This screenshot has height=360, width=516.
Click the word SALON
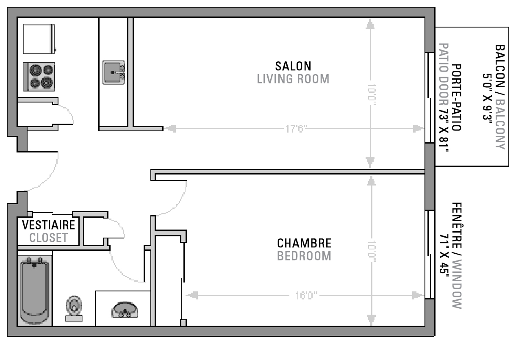[293, 66]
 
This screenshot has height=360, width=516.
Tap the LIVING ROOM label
[293, 79]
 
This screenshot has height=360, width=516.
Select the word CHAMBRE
[304, 243]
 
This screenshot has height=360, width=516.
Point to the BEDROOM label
[304, 256]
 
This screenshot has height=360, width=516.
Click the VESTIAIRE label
[49, 225]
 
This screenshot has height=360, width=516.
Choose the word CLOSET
[49, 238]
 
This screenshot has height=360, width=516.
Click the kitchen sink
[114, 72]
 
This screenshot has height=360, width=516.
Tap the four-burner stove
[39, 77]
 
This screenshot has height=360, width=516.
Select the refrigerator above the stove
[39, 39]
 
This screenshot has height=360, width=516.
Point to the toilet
[74, 309]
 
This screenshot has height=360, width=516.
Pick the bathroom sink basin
[125, 310]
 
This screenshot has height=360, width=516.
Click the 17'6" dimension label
[297, 129]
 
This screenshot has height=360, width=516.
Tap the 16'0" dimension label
[306, 295]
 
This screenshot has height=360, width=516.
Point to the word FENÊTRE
[457, 225]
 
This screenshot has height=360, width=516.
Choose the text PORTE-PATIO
[456, 97]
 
